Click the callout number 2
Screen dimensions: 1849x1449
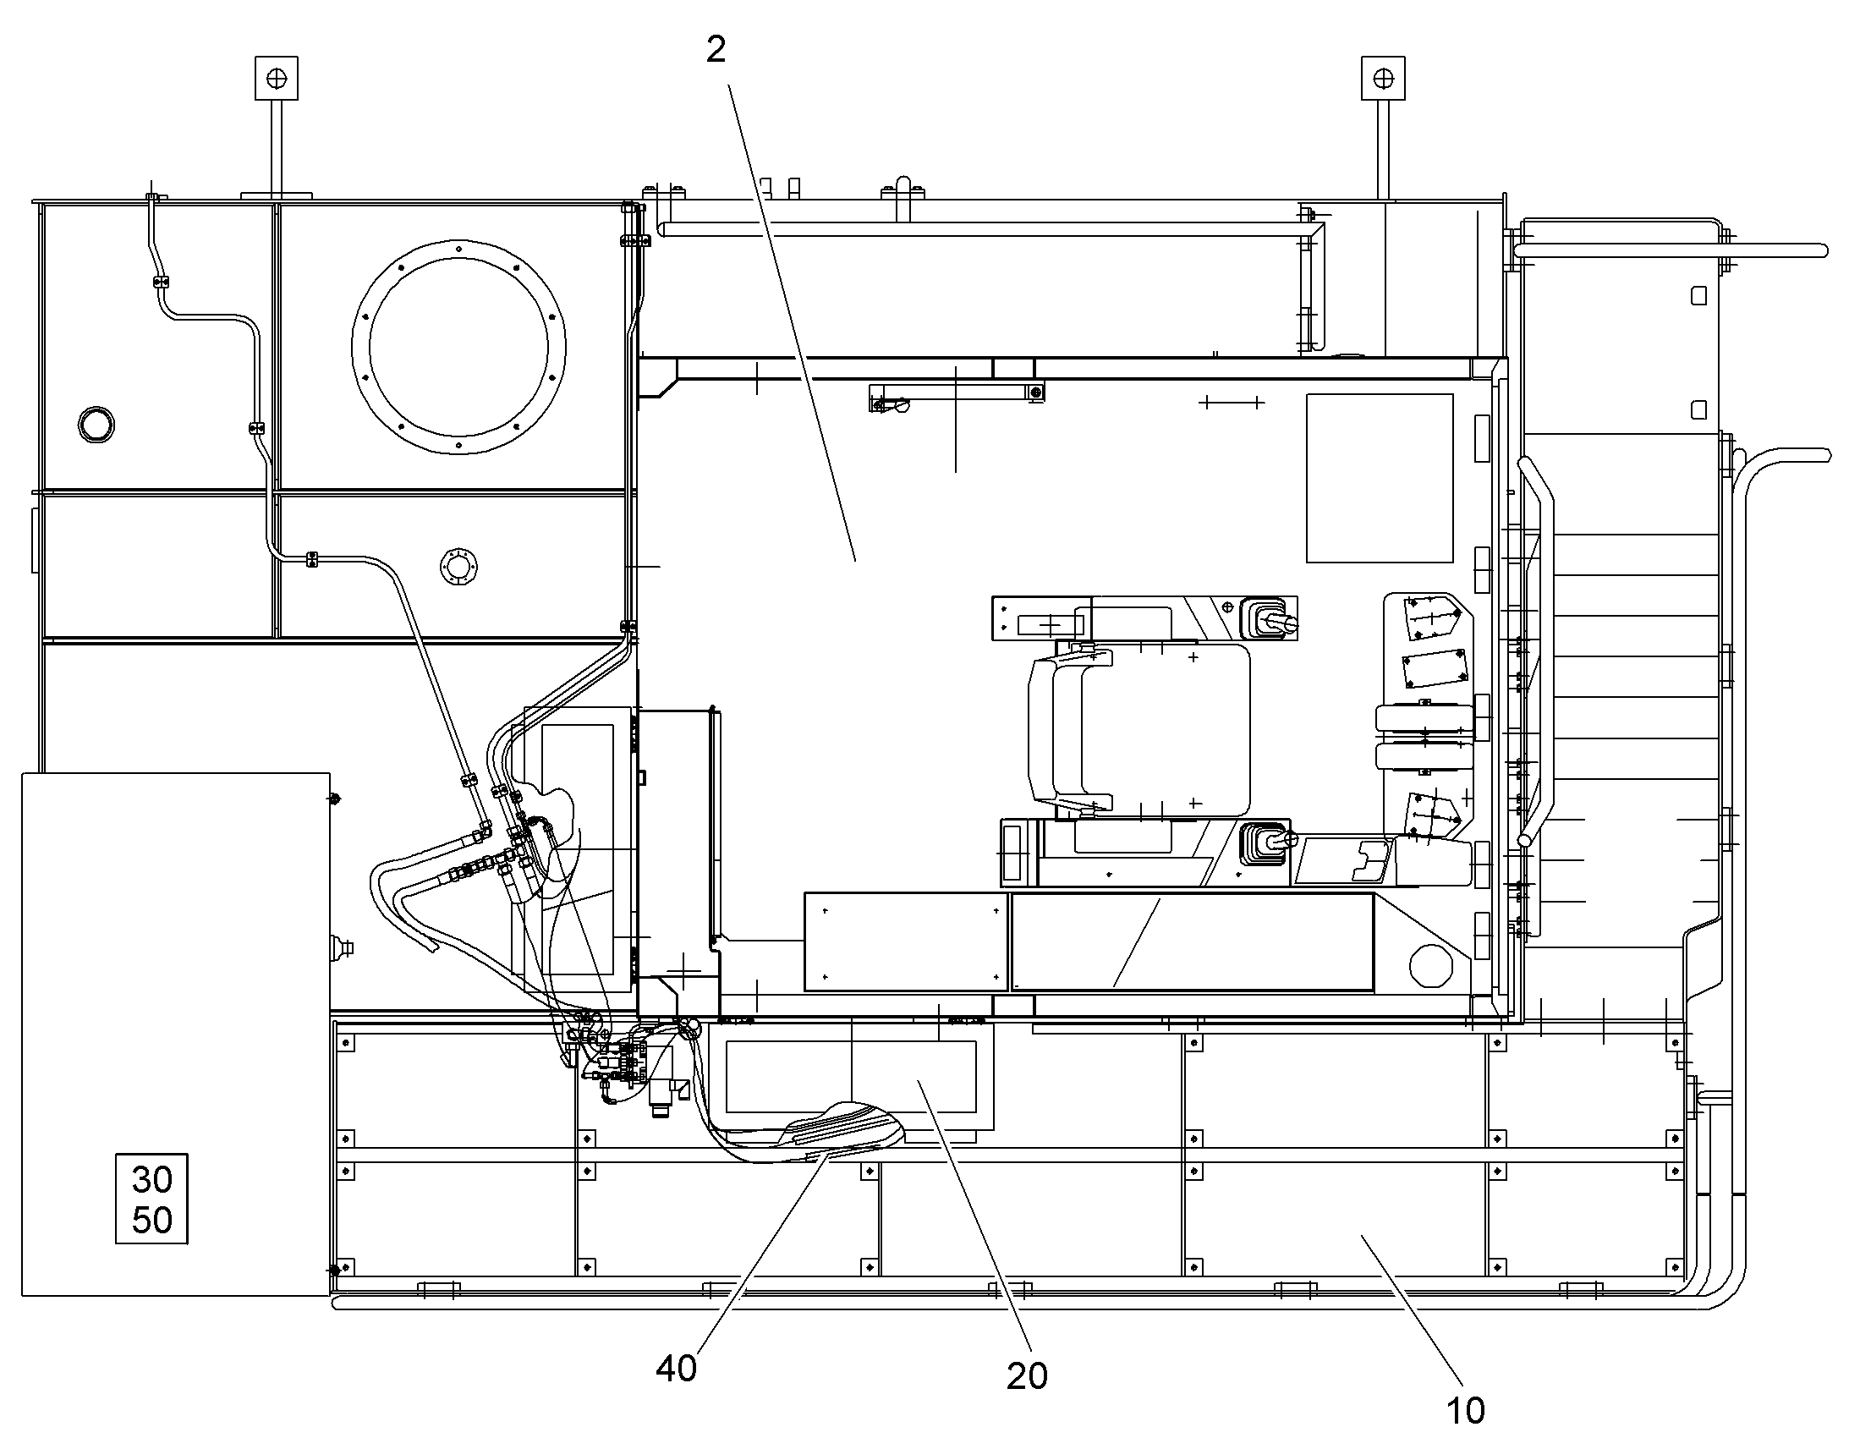pyautogui.click(x=716, y=51)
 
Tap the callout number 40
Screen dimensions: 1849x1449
pyautogui.click(x=676, y=1369)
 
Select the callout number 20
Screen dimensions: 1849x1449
pyautogui.click(x=1027, y=1376)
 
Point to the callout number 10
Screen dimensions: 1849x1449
pyautogui.click(x=1465, y=1411)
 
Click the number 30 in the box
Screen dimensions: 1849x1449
pyautogui.click(x=152, y=1179)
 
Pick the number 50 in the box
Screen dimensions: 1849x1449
pyautogui.click(x=152, y=1220)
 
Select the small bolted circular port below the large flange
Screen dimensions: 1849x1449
pyautogui.click(x=458, y=566)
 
